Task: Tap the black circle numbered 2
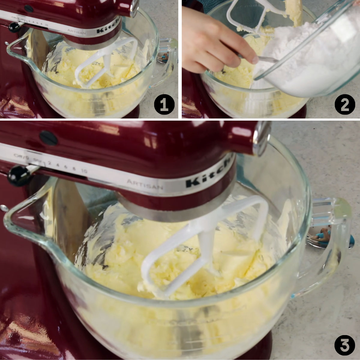[345, 105]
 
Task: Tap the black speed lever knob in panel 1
[13, 27]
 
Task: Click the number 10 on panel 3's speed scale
[84, 171]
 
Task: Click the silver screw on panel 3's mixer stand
[4, 207]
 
